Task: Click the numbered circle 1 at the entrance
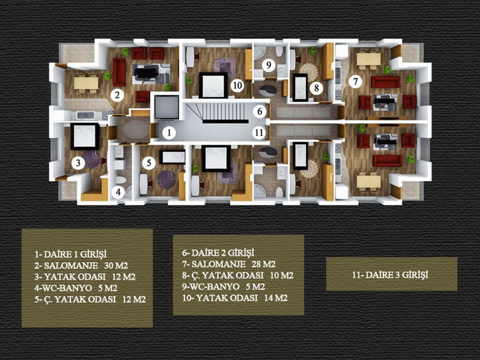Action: pos(169,133)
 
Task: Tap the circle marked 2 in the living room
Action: pos(117,95)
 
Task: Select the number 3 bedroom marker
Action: pos(78,163)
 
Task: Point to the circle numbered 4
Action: pos(118,192)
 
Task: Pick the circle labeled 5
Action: pos(149,163)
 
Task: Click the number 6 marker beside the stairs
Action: pos(260,111)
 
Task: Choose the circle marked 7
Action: pos(355,82)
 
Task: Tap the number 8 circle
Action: pos(316,88)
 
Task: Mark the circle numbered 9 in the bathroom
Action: pos(269,65)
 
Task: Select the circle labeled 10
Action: pos(237,85)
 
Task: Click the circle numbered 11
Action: pos(259,133)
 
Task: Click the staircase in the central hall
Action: pos(224,113)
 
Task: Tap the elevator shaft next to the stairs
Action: pos(167,107)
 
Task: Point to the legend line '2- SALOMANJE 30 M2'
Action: pos(81,265)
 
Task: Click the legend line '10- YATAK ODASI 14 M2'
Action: pos(235,298)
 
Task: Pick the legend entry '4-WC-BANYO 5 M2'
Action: pos(76,288)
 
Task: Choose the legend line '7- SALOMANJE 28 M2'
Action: pos(229,264)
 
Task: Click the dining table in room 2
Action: pos(86,83)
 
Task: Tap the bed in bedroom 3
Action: pos(85,136)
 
